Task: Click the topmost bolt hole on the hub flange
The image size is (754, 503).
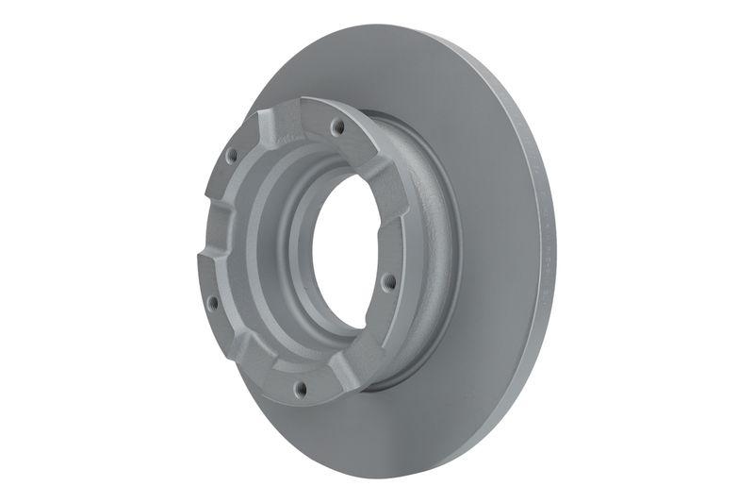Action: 336,125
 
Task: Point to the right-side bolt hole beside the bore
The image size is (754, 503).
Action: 385,279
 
